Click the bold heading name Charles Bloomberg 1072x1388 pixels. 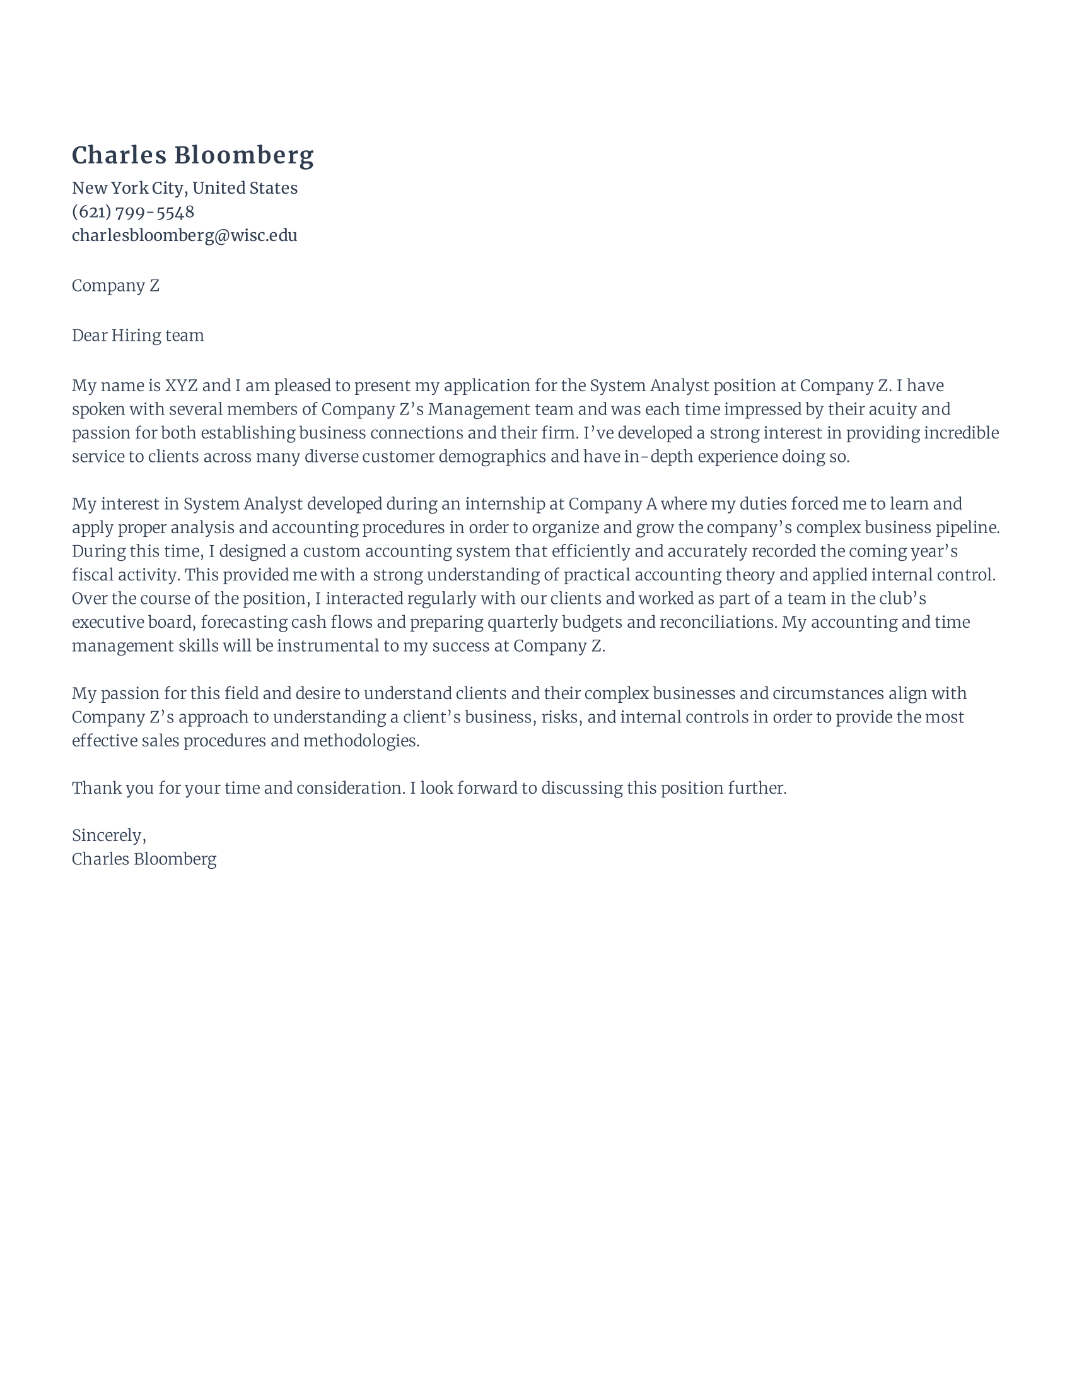(192, 156)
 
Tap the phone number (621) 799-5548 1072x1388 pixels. (132, 211)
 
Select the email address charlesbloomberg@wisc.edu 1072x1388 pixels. (184, 236)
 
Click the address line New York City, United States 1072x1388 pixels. (184, 188)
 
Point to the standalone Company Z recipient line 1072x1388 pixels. (115, 286)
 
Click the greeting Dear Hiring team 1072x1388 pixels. (138, 336)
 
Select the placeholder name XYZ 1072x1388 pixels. (181, 385)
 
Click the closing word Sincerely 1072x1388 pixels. (108, 836)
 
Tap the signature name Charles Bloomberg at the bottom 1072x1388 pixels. (144, 860)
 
